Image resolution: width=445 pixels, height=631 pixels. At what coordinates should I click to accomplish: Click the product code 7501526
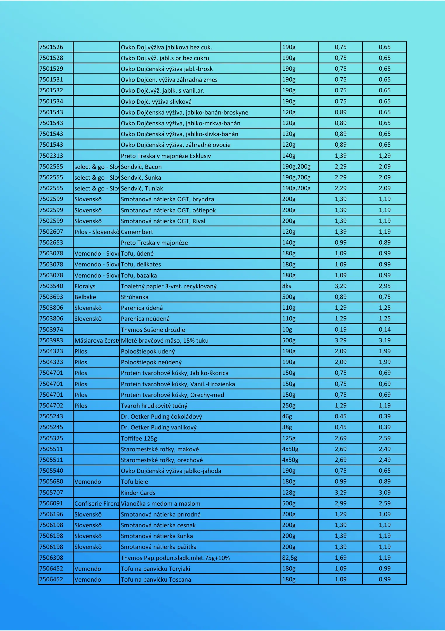51,47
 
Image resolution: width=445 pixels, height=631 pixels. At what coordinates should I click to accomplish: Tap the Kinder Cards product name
138,493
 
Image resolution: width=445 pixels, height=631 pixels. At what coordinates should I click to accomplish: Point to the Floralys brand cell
85,286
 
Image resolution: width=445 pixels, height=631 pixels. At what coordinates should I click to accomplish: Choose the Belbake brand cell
85,297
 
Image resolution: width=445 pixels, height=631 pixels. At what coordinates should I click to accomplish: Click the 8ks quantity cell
287,286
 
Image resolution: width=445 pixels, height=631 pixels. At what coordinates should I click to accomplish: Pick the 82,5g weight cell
290,558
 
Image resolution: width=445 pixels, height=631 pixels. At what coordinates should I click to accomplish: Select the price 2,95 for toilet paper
385,286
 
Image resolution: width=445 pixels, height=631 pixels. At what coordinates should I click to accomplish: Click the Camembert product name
137,232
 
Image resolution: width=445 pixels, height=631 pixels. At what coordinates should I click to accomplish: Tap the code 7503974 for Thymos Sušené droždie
51,330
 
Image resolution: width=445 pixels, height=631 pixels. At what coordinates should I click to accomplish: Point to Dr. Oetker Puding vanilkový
159,427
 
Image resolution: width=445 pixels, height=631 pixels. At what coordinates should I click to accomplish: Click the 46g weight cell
287,416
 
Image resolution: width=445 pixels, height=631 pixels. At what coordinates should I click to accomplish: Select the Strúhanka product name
135,297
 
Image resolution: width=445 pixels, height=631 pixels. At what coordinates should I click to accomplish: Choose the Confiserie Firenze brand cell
97,503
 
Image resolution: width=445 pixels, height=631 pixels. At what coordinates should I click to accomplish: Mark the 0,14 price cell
385,330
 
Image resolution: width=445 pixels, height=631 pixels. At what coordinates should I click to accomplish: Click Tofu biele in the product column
135,482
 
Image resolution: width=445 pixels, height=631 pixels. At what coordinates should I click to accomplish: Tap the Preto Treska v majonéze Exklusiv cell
166,156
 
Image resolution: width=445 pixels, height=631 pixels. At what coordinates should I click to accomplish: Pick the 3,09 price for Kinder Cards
385,493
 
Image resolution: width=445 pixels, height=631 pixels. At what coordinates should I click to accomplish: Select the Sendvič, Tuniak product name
142,188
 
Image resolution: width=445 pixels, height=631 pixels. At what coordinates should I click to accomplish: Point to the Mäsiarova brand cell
97,341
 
